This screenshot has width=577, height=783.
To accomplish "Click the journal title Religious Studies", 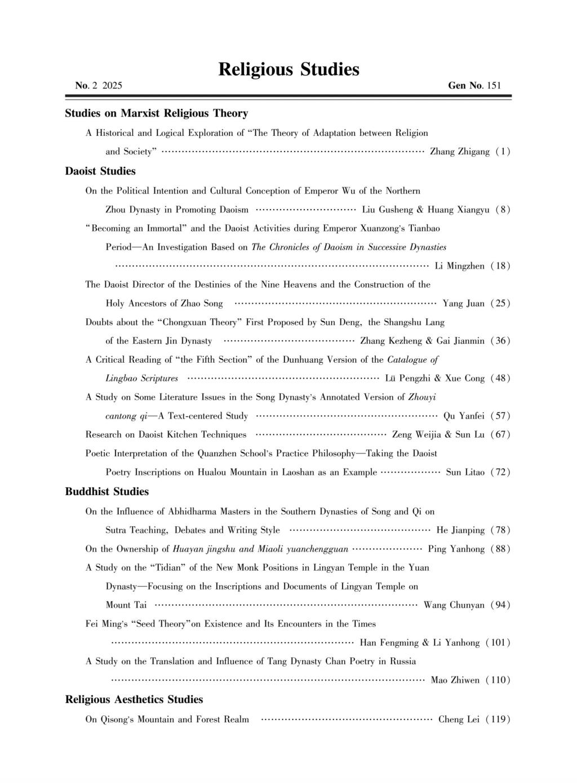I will coord(288,69).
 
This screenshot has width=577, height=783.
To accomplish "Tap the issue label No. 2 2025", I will coord(99,86).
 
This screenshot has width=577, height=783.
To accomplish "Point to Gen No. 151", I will coord(474,86).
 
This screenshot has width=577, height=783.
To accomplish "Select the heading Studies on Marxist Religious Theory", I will coord(157,113).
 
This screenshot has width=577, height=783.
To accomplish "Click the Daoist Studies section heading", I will coord(100,171).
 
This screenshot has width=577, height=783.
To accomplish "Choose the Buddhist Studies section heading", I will coord(107,491).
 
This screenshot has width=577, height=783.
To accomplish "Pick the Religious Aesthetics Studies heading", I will coord(134,699).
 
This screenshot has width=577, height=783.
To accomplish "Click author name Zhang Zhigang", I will coord(459,152).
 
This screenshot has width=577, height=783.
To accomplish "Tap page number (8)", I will coord(503,210).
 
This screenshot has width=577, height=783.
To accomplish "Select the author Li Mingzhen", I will coord(459,266).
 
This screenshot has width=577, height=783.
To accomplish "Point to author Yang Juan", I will coord(463,304).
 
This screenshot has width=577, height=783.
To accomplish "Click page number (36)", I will coord(500,341).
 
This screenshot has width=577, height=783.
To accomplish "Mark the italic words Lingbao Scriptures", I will coord(142,378).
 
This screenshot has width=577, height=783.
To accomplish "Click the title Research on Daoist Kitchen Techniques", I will coord(166,434).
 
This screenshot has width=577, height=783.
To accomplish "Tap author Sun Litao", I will coord(465,472).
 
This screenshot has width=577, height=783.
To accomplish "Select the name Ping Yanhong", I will coord(456,549).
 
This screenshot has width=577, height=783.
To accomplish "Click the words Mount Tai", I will coord(126,605).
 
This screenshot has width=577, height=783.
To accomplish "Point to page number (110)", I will coord(498,680).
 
